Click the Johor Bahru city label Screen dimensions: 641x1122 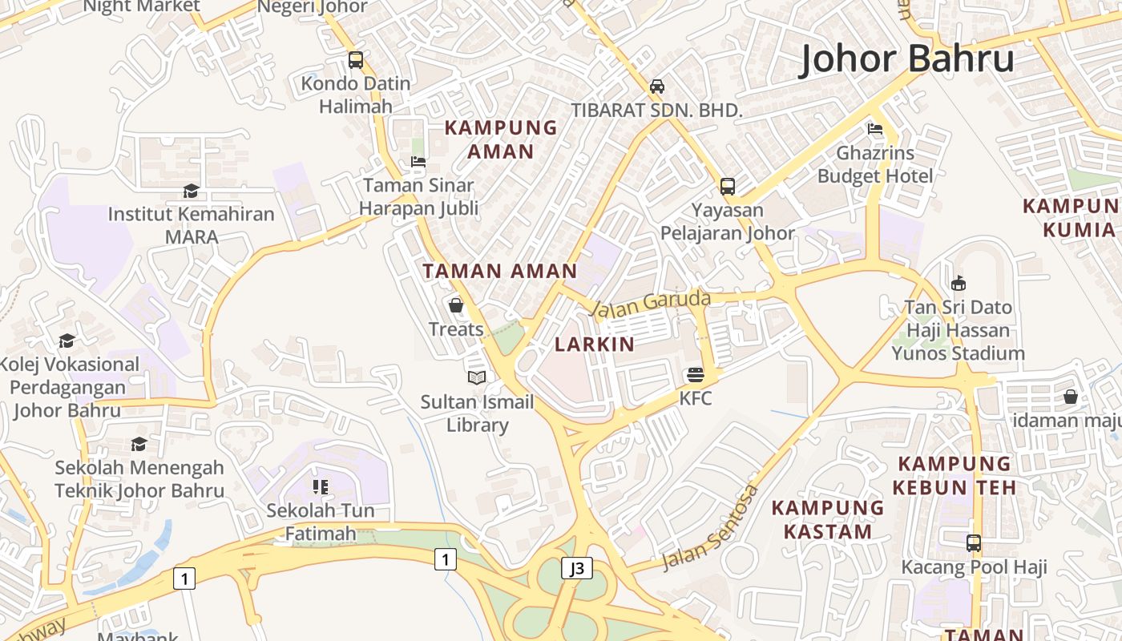pos(907,59)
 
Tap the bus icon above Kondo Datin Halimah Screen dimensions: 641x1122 pos(355,60)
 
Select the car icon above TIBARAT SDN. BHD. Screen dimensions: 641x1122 pos(657,87)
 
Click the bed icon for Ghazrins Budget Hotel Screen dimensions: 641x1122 pos(875,129)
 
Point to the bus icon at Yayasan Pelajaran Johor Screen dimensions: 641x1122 pos(728,187)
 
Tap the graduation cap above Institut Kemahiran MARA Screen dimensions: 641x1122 pos(191,191)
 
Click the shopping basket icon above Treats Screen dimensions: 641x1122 pos(456,305)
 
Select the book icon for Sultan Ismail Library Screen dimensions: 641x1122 pos(477,377)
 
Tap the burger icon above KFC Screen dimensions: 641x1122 pos(695,374)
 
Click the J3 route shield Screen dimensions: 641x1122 pos(577,568)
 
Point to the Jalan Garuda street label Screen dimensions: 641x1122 pos(650,303)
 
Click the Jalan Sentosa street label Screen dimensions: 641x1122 pos(710,526)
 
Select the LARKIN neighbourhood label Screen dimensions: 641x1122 pos(595,345)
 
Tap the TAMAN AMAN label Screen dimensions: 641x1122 pos(500,271)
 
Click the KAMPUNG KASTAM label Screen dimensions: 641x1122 pos(828,519)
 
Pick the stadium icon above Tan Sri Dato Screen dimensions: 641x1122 pos(958,283)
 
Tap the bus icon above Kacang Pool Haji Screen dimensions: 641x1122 pos(974,543)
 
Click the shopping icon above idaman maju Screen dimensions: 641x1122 pos(1070,397)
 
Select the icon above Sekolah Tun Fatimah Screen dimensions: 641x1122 pos(321,486)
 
